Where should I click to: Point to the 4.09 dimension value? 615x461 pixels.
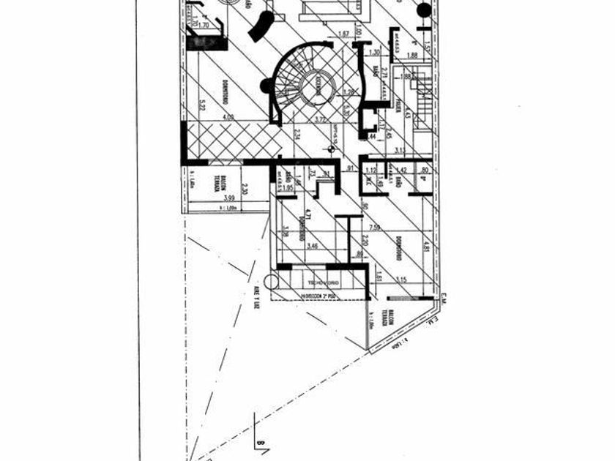228,116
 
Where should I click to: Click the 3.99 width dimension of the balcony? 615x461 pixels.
229,198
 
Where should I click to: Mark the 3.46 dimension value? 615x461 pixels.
313,247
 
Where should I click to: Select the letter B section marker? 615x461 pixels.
259,442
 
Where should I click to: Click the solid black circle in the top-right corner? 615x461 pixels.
424,11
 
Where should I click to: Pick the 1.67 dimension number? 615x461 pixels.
343,33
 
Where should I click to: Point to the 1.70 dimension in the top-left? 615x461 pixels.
204,25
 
